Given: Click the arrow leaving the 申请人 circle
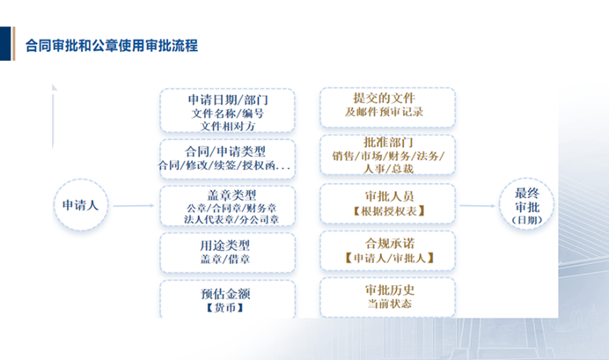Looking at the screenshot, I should [x=133, y=207].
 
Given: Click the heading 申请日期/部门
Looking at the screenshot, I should [x=228, y=100].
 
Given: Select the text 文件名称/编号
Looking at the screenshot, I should [x=227, y=114].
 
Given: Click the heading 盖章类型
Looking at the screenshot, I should [x=227, y=195].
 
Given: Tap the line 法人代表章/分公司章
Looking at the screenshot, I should [x=227, y=220].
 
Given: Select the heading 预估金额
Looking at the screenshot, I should [x=227, y=292].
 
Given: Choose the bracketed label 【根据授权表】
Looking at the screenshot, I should [x=386, y=212].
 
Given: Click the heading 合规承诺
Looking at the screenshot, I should [x=386, y=244].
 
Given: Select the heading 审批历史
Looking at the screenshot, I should [x=386, y=289].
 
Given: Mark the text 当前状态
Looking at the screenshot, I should [x=386, y=303].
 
